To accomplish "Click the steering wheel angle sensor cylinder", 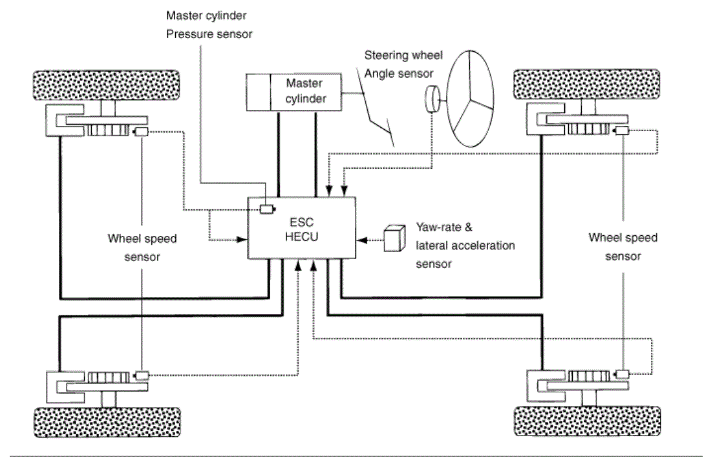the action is click(x=432, y=100).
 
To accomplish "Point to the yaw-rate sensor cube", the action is click(x=395, y=238).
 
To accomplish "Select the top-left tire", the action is click(x=106, y=85).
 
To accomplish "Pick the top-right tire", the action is click(x=587, y=85).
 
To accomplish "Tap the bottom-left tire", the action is click(x=107, y=422).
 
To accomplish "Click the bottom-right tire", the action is click(x=588, y=421).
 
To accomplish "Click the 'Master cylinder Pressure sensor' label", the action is click(x=209, y=25).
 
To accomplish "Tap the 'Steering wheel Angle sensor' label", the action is click(x=403, y=64).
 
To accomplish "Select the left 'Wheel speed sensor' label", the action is click(x=142, y=248).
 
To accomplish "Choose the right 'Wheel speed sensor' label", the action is click(x=623, y=247).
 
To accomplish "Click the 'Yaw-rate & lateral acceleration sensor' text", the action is click(x=465, y=246).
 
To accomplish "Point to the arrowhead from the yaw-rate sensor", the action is click(x=362, y=240).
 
